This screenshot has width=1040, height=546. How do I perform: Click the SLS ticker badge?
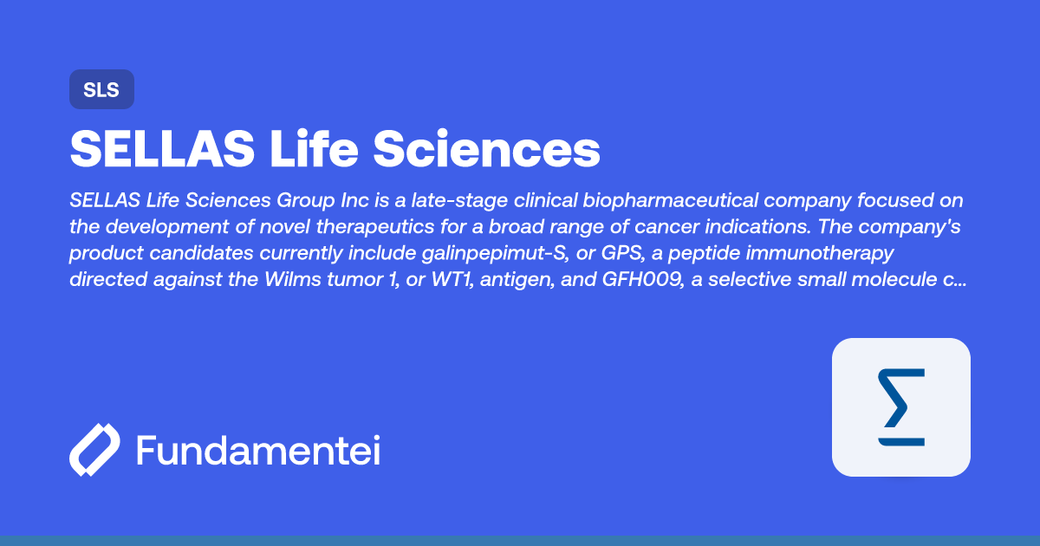pyautogui.click(x=101, y=89)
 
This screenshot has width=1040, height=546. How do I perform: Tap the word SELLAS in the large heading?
pyautogui.click(x=162, y=148)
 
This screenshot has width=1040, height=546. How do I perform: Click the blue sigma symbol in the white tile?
pyautogui.click(x=901, y=406)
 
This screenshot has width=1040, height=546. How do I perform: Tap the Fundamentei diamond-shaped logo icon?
pyautogui.click(x=94, y=450)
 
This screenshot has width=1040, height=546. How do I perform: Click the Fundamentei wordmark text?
pyautogui.click(x=258, y=450)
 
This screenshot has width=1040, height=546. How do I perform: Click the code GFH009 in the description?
pyautogui.click(x=642, y=279)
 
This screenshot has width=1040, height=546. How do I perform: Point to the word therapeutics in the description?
pyautogui.click(x=374, y=227)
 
